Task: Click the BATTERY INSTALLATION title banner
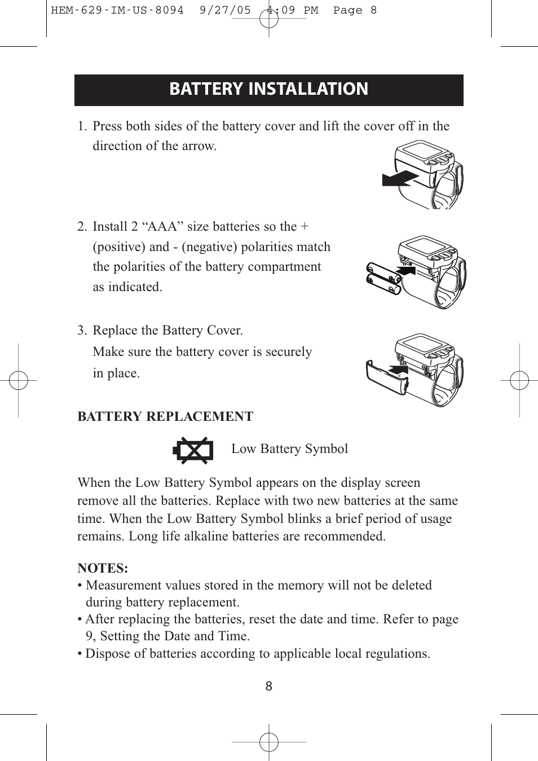point(268,90)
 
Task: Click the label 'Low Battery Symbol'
point(289,449)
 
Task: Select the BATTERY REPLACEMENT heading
point(165,416)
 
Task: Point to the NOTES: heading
point(103,568)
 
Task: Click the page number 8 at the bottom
point(269,686)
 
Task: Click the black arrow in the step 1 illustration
point(399,179)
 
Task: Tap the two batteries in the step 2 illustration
point(383,278)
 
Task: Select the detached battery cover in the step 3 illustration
point(386,379)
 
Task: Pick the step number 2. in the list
point(82,227)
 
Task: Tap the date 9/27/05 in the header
point(225,10)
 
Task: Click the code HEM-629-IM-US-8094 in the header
point(117,10)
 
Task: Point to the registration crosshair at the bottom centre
point(269,742)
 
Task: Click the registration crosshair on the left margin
point(19,381)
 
